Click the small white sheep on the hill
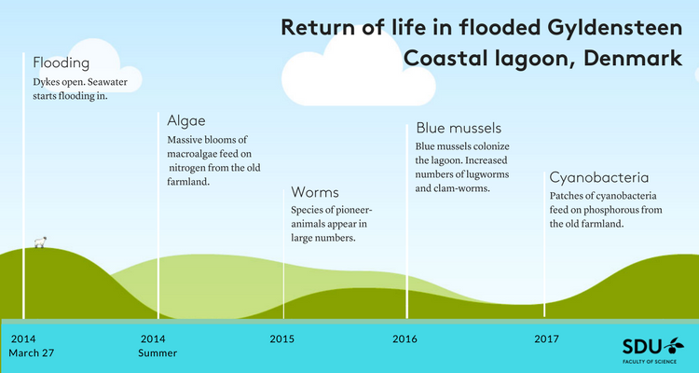click(41, 242)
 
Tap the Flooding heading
click(62, 62)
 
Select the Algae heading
click(186, 121)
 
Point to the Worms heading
click(315, 192)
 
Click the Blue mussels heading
click(459, 128)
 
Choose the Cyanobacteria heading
click(599, 177)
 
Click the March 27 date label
click(31, 352)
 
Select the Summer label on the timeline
click(158, 352)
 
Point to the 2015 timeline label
click(281, 339)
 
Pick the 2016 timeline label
click(404, 339)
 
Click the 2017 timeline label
click(546, 339)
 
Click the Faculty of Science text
click(650, 362)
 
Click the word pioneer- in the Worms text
click(353, 210)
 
